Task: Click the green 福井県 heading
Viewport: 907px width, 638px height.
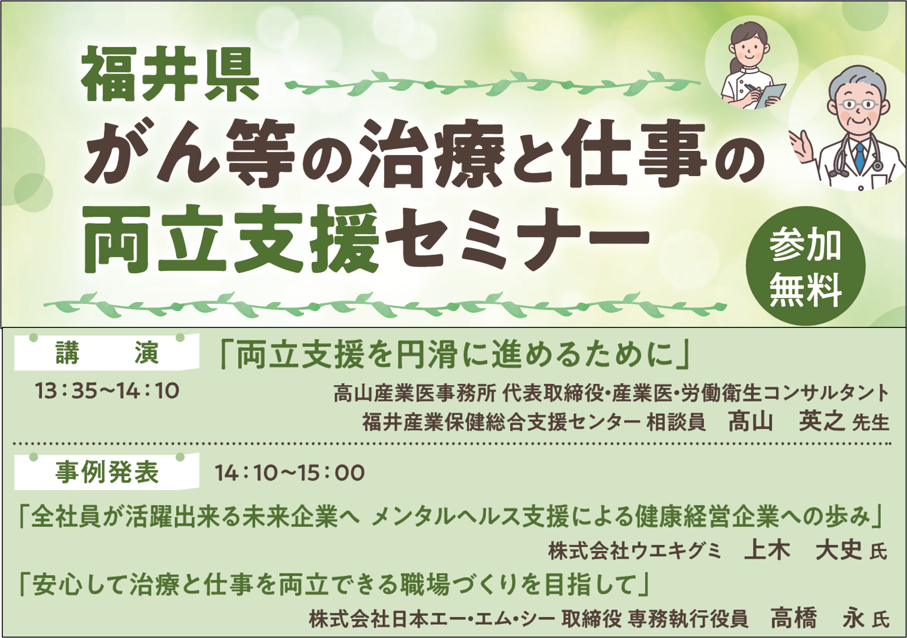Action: [170, 74]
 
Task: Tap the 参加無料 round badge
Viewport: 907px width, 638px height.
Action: [805, 266]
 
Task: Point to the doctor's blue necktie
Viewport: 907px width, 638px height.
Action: [860, 157]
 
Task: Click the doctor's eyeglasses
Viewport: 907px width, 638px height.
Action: [859, 104]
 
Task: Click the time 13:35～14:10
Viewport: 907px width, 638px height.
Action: [107, 391]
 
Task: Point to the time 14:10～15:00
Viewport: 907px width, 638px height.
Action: [289, 473]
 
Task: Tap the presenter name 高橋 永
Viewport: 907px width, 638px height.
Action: [818, 617]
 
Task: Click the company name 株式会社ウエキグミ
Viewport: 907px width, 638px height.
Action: [634, 551]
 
